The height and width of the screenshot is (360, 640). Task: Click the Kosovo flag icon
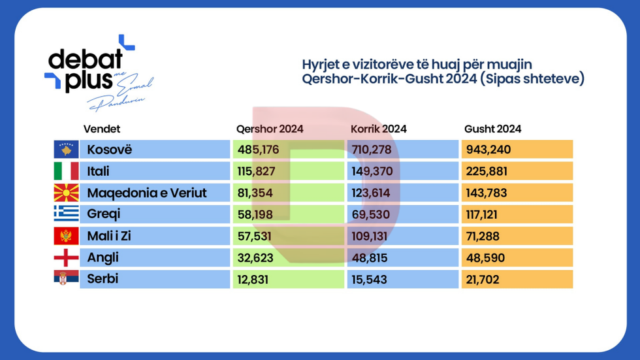[x=66, y=150]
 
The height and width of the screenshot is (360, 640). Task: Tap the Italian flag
[x=66, y=171]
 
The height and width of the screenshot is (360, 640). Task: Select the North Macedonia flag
[x=66, y=193]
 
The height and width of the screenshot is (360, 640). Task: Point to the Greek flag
[x=66, y=214]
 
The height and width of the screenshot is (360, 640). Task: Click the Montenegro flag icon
[x=66, y=236]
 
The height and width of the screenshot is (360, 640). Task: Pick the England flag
[x=66, y=257]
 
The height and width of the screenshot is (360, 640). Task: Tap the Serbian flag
[x=66, y=279]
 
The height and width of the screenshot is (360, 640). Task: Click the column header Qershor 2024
[x=269, y=129]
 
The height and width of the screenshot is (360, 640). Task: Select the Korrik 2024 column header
[x=378, y=129]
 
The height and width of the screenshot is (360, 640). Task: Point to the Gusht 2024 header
[x=493, y=129]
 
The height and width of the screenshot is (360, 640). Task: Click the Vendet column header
[x=102, y=129]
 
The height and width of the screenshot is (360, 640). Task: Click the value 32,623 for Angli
[x=255, y=257]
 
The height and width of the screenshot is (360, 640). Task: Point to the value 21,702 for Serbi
[x=484, y=279]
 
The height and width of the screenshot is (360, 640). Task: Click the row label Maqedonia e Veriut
[x=146, y=193]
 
